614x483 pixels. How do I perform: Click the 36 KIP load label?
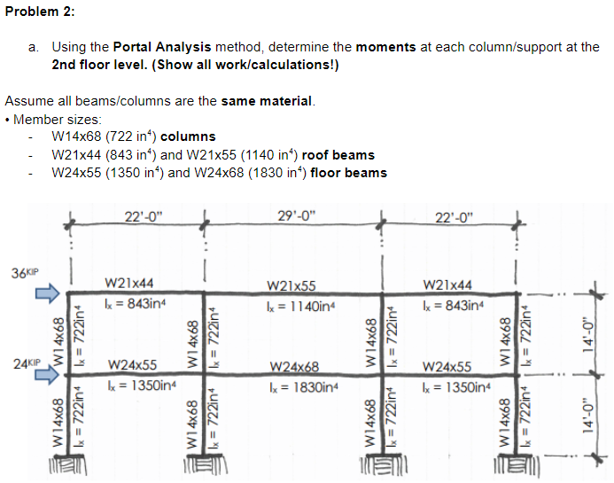[25, 270]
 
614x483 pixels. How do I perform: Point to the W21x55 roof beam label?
[293, 288]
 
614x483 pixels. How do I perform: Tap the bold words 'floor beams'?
[349, 172]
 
